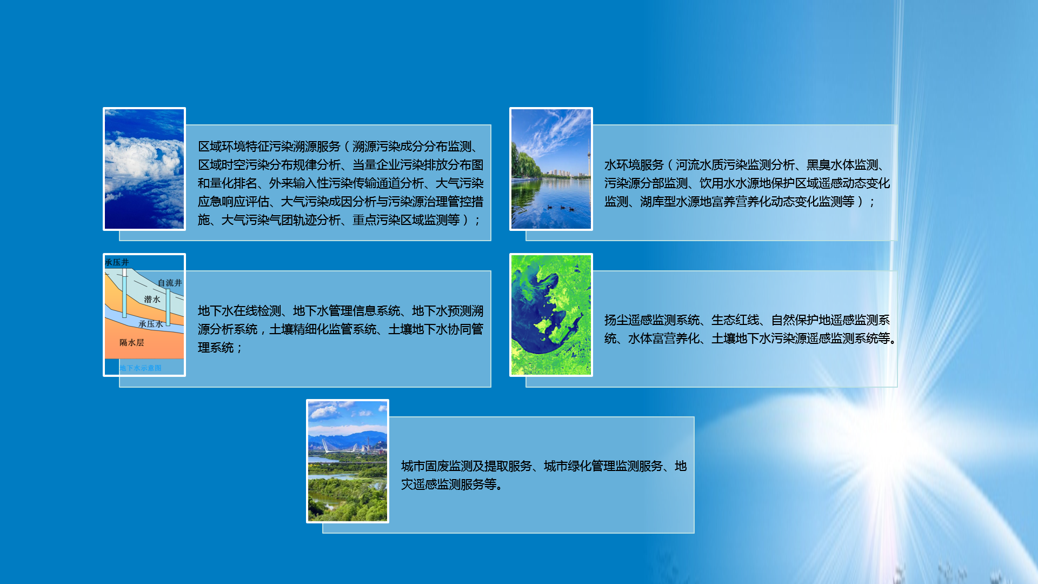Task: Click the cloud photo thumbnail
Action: pyautogui.click(x=144, y=169)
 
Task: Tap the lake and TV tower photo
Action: pyautogui.click(x=551, y=169)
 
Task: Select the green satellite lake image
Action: pyautogui.click(x=551, y=315)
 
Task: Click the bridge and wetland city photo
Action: pyautogui.click(x=348, y=461)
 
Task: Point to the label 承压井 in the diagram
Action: pyautogui.click(x=117, y=262)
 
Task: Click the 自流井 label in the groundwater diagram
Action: pyautogui.click(x=170, y=283)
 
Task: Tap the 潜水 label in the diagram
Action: pyautogui.click(x=152, y=299)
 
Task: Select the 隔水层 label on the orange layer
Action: pyautogui.click(x=132, y=342)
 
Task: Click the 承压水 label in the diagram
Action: pyautogui.click(x=151, y=324)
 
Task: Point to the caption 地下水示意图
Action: pyautogui.click(x=141, y=368)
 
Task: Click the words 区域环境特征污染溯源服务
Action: pyautogui.click(x=269, y=147)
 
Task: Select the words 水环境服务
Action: pyautogui.click(x=634, y=165)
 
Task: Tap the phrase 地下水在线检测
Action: pyautogui.click(x=239, y=311)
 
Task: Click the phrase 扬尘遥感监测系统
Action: pyautogui.click(x=652, y=320)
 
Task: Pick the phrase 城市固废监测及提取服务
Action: pyautogui.click(x=467, y=466)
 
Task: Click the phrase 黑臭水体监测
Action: pyautogui.click(x=842, y=165)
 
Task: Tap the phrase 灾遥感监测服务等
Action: pyautogui.click(x=449, y=485)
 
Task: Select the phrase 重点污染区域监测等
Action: pyautogui.click(x=406, y=220)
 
